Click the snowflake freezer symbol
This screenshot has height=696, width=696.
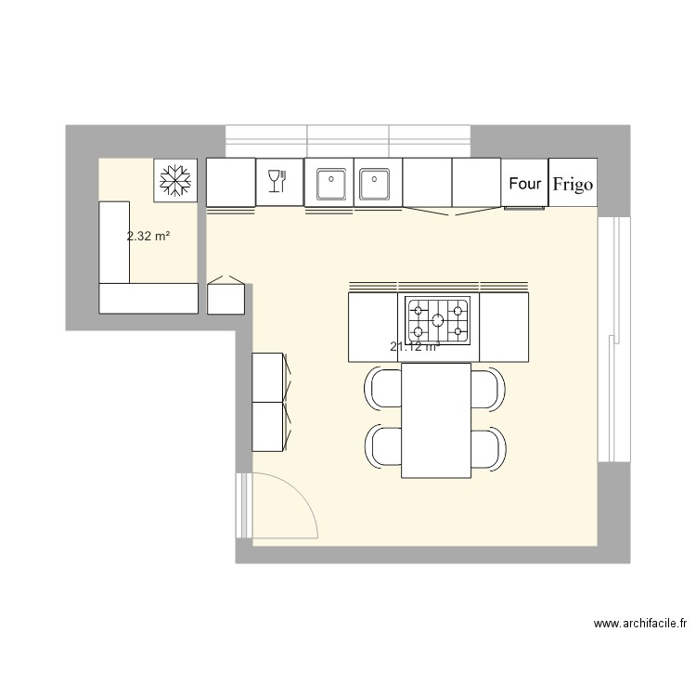coord(174,181)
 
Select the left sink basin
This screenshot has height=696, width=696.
coord(330,184)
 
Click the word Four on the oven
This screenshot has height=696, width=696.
coord(525,184)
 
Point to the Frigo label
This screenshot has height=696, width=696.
coord(573,184)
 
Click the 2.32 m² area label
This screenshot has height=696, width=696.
coord(148,237)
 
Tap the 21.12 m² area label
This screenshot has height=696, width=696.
coord(415,347)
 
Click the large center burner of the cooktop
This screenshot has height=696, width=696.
coord(438,320)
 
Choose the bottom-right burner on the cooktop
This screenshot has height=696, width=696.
coord(458,331)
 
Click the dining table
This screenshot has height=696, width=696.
coord(436,419)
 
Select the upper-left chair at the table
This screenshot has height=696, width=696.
coord(382,388)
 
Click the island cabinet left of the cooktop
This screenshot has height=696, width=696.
coord(373,327)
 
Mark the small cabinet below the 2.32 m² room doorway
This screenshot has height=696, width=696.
coord(226,296)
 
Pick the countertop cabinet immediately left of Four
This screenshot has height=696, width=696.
coord(476,182)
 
